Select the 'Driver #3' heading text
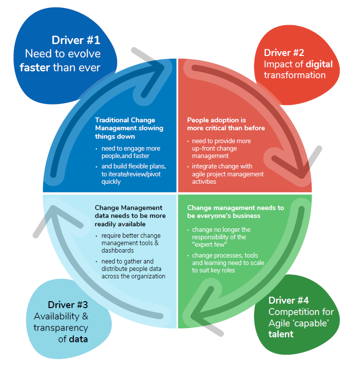(x=68, y=304)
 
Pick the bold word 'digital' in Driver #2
(x=319, y=64)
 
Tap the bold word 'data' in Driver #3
(x=78, y=339)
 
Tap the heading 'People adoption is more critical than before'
(x=226, y=124)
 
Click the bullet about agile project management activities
(x=228, y=174)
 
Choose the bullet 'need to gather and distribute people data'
(x=133, y=268)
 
